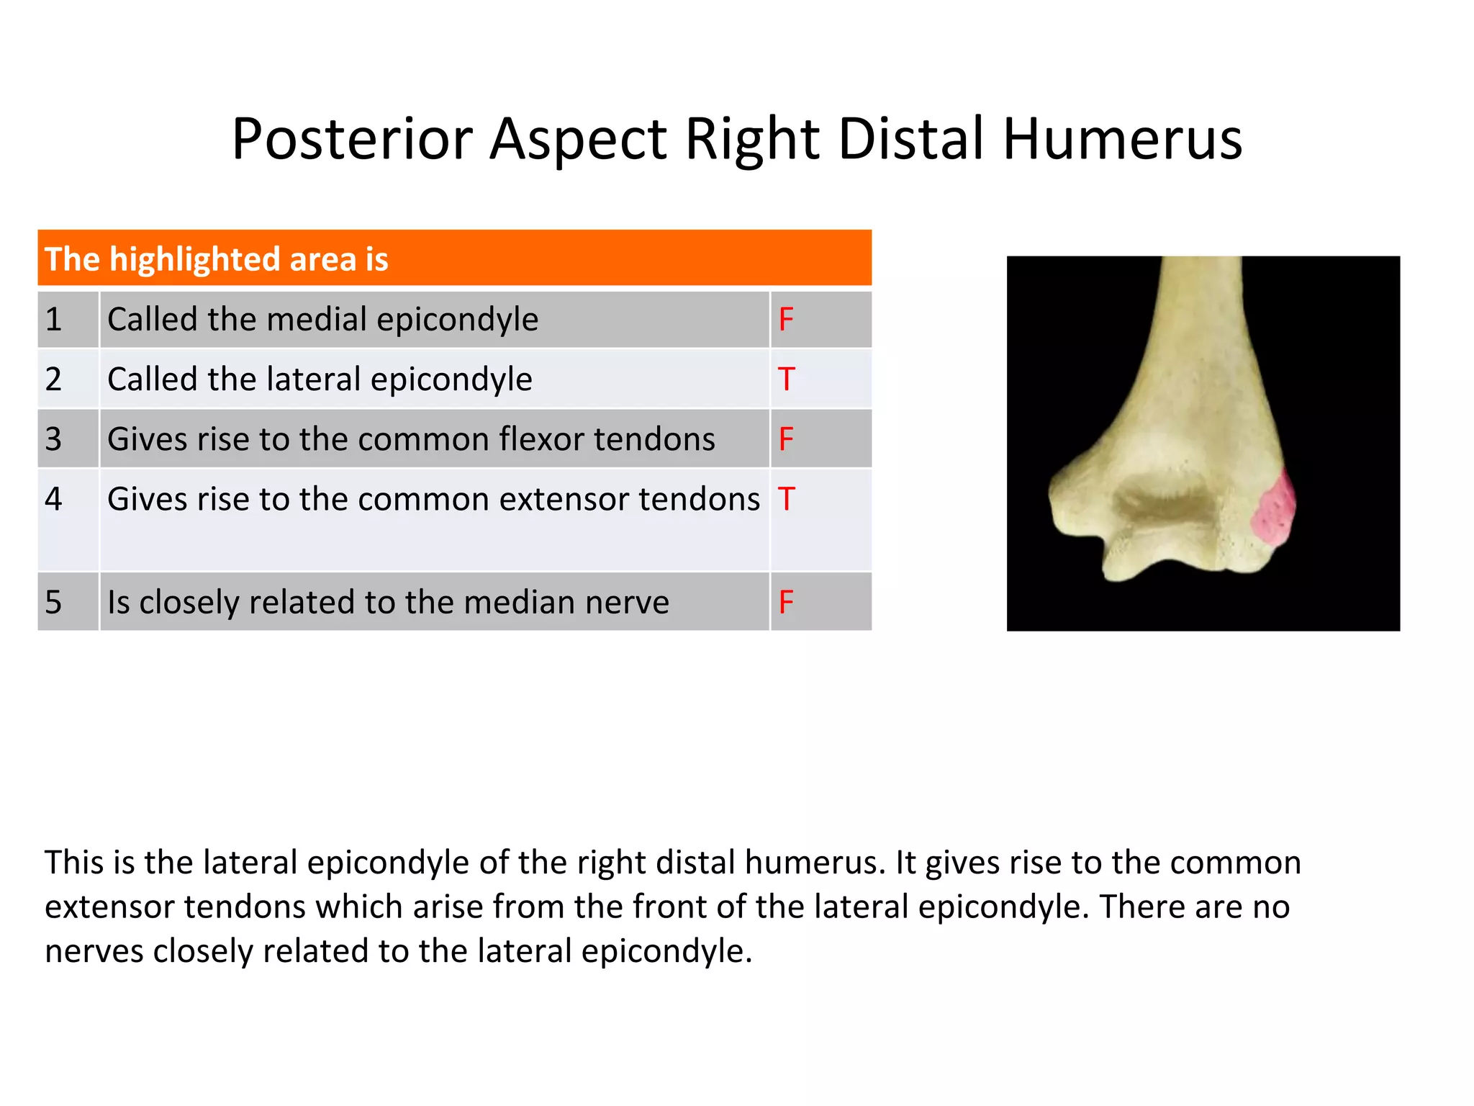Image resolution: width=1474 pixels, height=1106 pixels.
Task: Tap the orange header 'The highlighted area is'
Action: [x=216, y=259]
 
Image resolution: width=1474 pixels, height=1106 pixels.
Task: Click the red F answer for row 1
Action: [x=785, y=319]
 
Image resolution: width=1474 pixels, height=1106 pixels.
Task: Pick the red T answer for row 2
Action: [x=785, y=379]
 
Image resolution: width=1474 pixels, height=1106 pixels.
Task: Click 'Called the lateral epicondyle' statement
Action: [x=320, y=379]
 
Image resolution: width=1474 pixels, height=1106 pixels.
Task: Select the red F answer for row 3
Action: [x=785, y=439]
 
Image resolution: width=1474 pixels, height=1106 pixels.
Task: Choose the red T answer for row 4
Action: [x=785, y=499]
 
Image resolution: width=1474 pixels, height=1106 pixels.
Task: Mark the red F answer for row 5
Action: [x=785, y=602]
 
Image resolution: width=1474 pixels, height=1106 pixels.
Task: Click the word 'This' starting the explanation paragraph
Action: [x=70, y=863]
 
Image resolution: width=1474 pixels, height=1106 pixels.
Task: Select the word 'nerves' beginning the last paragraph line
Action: [x=94, y=951]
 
